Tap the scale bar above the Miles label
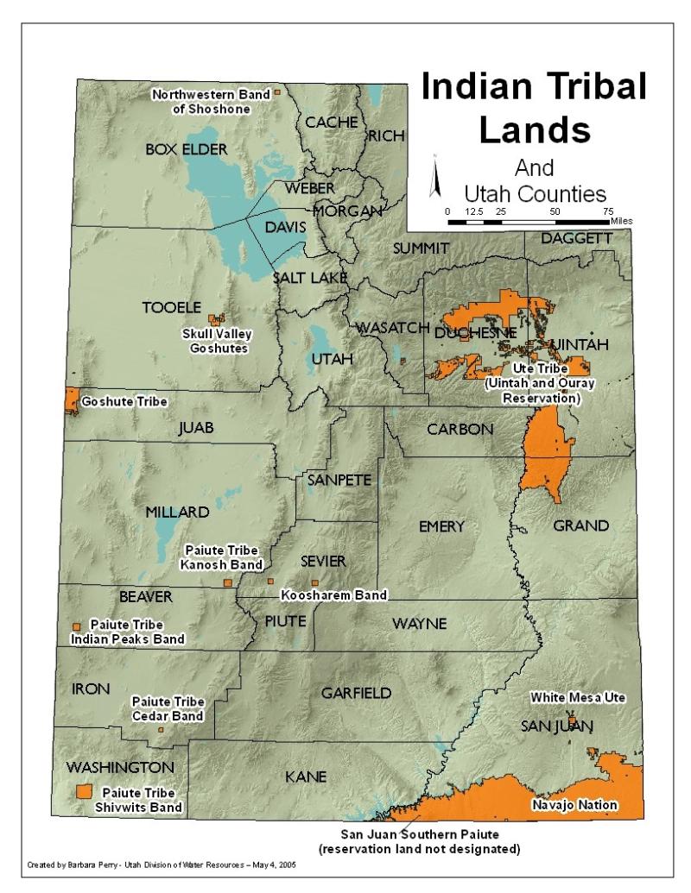coord(528,221)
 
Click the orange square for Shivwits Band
coord(85,791)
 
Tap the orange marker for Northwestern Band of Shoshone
coord(277,91)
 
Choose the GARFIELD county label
coord(356,693)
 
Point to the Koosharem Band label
coord(333,595)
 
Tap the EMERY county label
coord(441,526)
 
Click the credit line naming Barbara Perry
coord(162,865)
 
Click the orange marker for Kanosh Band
coord(228,583)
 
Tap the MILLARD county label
coord(176,512)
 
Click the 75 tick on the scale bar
coord(608,211)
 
